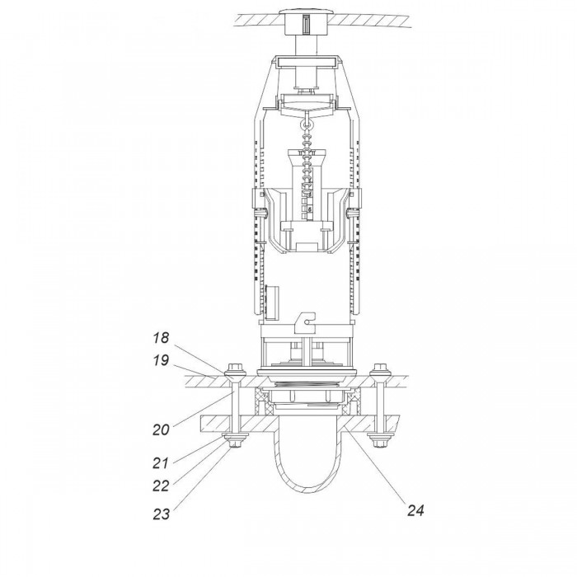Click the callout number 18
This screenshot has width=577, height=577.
162,337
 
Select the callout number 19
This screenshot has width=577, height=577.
162,360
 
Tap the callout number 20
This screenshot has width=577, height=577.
162,429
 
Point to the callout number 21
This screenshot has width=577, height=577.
161,463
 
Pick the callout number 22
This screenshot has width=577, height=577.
162,486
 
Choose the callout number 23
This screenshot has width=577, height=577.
162,514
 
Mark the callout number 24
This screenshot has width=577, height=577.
415,510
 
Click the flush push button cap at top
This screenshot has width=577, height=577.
306,12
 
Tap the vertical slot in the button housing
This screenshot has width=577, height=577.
306,26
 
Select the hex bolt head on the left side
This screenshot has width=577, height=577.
234,368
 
